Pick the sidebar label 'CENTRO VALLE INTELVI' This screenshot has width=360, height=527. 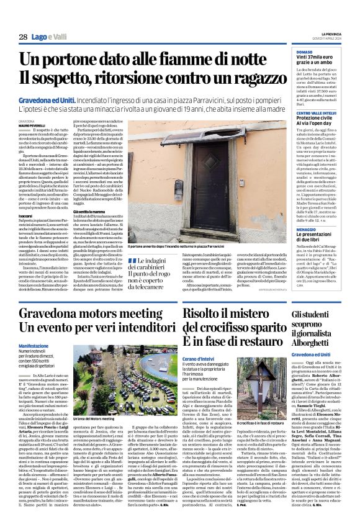[318, 112]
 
